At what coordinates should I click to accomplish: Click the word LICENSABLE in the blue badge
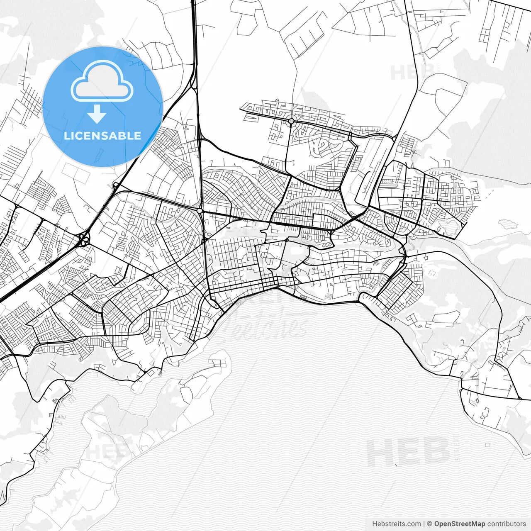tap(102, 136)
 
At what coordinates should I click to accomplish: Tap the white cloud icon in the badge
tap(102, 81)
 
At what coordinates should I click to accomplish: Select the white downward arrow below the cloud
tap(97, 114)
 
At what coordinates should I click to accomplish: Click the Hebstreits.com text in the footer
tap(396, 524)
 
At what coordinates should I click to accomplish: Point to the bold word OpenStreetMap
tap(460, 524)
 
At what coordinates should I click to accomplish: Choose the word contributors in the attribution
tap(507, 524)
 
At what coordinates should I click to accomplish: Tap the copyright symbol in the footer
tap(429, 524)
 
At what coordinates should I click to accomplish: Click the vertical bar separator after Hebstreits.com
tap(424, 524)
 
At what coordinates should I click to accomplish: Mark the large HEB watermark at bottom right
tap(409, 452)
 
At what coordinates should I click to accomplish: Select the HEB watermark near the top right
tap(409, 73)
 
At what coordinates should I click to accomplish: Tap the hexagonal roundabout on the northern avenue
tap(291, 121)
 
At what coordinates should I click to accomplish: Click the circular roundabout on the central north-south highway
tap(200, 211)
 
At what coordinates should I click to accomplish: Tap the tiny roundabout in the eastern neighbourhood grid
tap(421, 199)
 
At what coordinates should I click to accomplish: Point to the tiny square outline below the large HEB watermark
tap(487, 445)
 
